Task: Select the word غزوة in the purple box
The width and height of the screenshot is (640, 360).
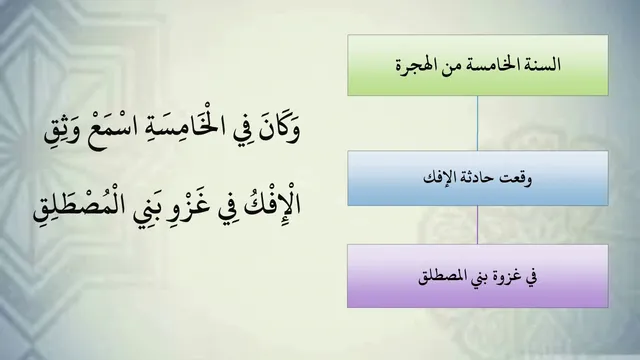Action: pos(505,277)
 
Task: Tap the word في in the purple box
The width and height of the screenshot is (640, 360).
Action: pos(531,278)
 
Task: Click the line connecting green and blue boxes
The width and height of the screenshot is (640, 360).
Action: pos(477,123)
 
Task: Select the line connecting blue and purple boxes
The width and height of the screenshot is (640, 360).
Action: pos(477,225)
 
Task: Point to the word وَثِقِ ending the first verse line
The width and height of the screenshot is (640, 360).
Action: pos(63,131)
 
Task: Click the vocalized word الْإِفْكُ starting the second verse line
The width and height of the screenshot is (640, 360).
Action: pos(273,204)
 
